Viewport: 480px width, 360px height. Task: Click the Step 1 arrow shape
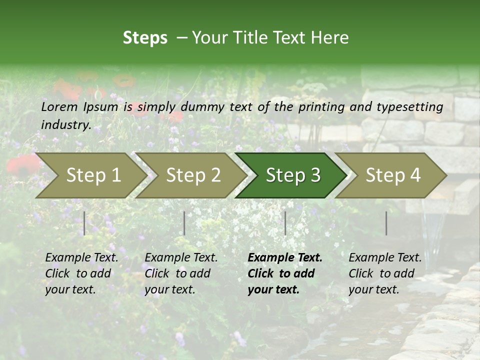point(90,175)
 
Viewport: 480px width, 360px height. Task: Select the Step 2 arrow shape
point(190,175)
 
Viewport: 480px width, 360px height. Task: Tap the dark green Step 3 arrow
point(290,175)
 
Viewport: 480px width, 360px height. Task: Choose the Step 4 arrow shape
point(390,175)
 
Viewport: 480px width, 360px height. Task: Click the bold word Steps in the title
point(145,38)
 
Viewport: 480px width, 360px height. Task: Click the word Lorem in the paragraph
point(59,106)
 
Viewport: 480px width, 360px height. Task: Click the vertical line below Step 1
point(84,223)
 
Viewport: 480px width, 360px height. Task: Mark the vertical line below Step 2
point(184,223)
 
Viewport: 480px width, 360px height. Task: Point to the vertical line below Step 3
point(285,223)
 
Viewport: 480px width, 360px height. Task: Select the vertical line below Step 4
point(386,223)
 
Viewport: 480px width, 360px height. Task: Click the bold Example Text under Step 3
point(285,258)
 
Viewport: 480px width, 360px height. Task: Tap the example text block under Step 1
point(81,273)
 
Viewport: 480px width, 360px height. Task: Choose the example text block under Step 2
point(180,273)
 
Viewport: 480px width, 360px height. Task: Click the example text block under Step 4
point(384,273)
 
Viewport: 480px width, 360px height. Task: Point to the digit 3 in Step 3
point(314,175)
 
